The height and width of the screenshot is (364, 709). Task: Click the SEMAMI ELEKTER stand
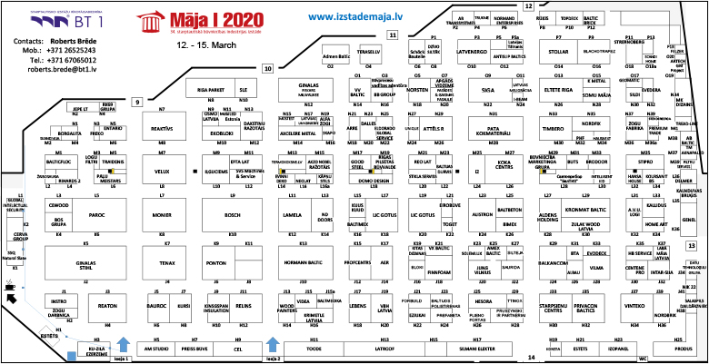[475, 348]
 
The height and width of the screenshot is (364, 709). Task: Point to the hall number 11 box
[393, 34]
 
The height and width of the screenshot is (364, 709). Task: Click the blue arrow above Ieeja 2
[271, 345]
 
